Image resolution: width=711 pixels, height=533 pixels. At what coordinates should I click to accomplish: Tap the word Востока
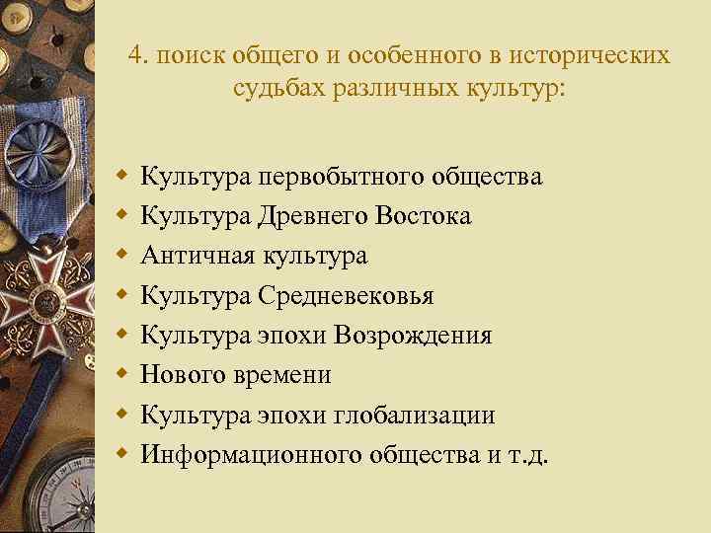point(421,216)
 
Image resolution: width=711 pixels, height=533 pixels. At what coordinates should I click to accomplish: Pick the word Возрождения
point(413,336)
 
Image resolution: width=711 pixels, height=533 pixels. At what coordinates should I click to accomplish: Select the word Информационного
point(251,454)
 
